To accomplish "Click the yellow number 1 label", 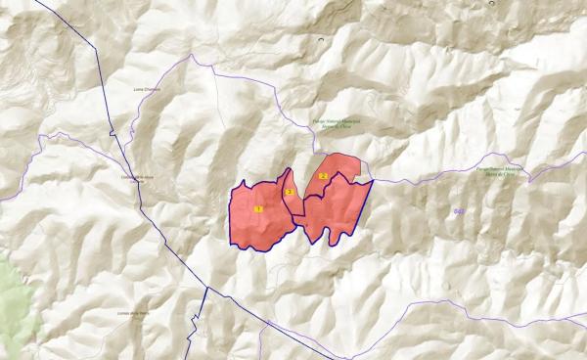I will [258, 208].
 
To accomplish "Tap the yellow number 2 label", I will [323, 175].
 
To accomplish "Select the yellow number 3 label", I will [290, 191].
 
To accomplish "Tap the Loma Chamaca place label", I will [146, 90].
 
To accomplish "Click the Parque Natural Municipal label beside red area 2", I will [337, 122].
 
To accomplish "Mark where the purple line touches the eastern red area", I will [373, 180].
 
